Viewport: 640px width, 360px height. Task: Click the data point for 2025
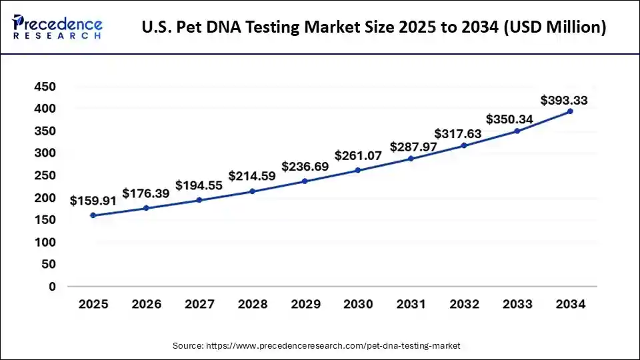tap(93, 215)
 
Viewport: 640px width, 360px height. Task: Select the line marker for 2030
tap(358, 170)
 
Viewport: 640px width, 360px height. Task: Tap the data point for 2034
tap(570, 111)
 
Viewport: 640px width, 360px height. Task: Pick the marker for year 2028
tap(252, 191)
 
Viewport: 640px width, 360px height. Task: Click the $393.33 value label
tap(564, 101)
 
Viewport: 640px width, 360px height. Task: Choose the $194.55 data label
tap(199, 185)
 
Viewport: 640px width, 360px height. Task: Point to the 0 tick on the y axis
tap(52, 287)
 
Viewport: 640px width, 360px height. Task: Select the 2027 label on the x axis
tap(199, 305)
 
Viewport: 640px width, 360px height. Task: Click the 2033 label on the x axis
tap(517, 305)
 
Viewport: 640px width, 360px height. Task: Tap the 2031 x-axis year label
tap(411, 305)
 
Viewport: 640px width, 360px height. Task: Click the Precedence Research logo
tap(57, 27)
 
